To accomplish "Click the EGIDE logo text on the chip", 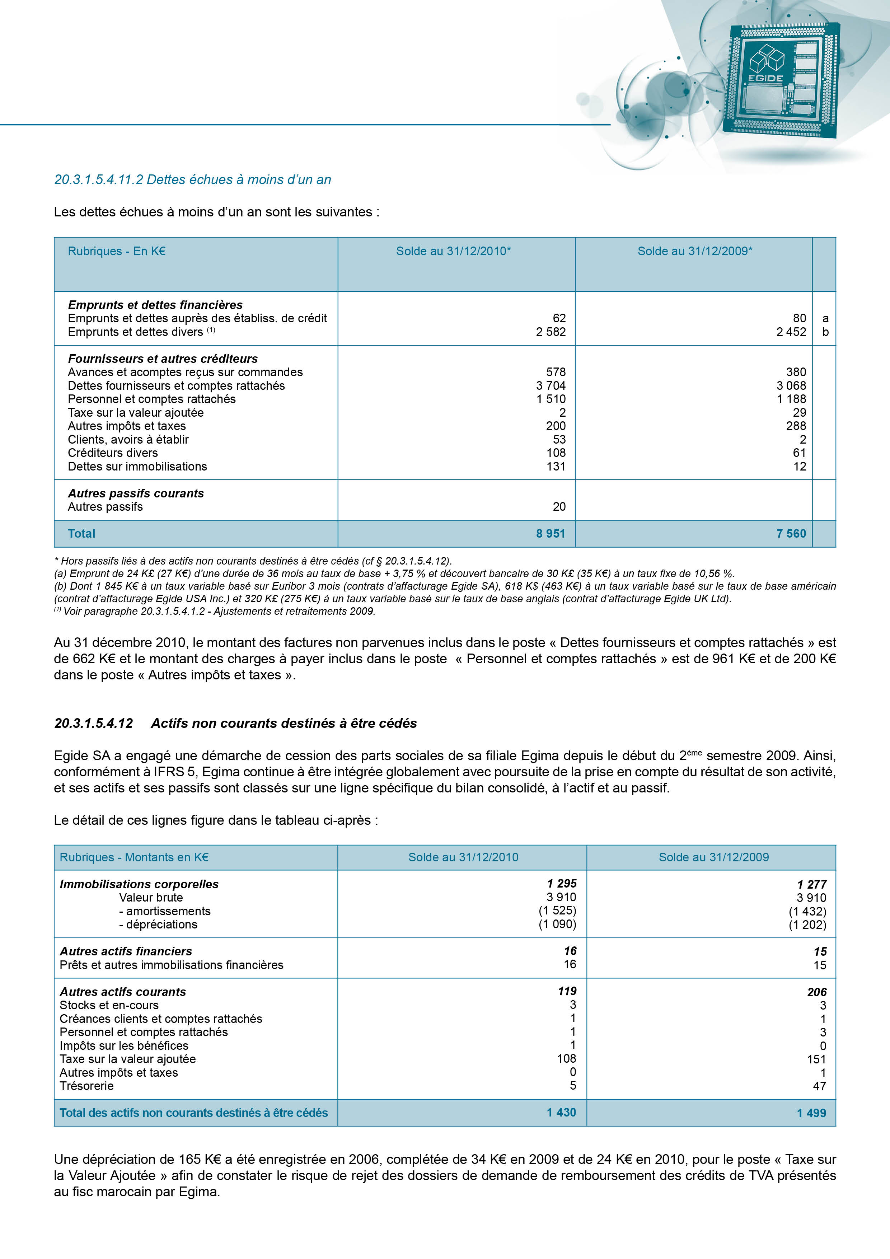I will click(765, 78).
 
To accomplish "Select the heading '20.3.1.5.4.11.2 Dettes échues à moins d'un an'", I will click(192, 180).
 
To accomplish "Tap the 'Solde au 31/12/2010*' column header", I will click(454, 251).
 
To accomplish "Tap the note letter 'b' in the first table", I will click(825, 332).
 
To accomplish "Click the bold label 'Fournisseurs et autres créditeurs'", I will click(163, 359).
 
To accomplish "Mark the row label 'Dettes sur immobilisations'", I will click(138, 467).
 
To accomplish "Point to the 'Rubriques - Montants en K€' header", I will click(134, 857).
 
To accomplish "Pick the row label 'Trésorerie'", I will click(86, 1086).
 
